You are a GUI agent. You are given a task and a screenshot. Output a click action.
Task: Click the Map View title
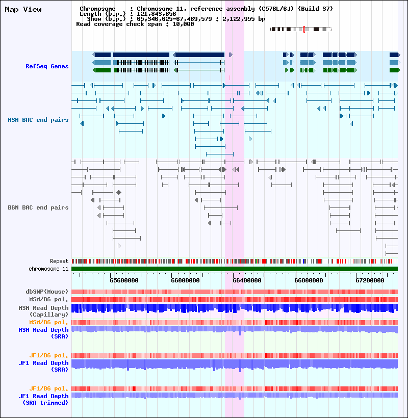click(x=23, y=10)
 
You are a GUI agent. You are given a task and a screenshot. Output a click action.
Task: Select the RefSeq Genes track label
click(x=47, y=66)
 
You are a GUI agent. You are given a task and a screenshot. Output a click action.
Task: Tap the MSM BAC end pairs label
click(x=38, y=120)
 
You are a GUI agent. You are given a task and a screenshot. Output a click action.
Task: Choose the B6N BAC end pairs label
click(x=38, y=207)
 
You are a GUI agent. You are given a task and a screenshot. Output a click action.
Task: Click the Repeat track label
click(x=59, y=261)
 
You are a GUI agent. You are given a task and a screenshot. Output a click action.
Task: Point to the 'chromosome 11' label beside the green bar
click(x=48, y=269)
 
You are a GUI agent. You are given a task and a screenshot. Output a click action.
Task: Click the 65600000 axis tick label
click(x=124, y=280)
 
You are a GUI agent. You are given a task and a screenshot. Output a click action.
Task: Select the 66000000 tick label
click(x=186, y=280)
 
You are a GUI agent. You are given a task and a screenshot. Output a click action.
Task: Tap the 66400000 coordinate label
click(x=247, y=280)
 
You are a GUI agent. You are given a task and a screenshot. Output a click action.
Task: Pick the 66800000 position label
click(x=308, y=280)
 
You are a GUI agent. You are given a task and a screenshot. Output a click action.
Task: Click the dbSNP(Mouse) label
click(x=47, y=292)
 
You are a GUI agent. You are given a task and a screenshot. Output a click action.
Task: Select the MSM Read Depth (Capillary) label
click(x=43, y=311)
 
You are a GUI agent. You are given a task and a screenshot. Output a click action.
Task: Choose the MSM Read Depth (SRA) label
click(x=43, y=333)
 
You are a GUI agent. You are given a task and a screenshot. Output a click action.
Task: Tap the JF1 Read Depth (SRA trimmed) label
click(x=43, y=399)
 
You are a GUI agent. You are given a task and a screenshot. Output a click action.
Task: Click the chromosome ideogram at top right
click(x=301, y=30)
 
